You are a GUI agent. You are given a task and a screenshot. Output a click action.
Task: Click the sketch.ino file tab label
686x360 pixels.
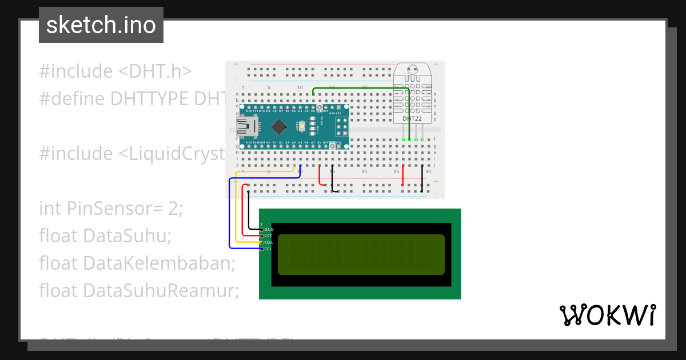pyautogui.click(x=101, y=25)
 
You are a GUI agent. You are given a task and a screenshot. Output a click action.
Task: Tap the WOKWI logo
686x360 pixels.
pyautogui.click(x=607, y=315)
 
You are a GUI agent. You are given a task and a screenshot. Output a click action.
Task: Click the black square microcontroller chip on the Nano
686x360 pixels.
pyautogui.click(x=278, y=126)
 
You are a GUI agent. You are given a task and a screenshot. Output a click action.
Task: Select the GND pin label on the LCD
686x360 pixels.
pyautogui.click(x=269, y=229)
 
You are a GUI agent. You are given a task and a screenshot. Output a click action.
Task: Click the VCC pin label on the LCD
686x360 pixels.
pyautogui.click(x=268, y=236)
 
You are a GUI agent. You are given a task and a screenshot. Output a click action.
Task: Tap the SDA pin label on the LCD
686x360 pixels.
pyautogui.click(x=268, y=243)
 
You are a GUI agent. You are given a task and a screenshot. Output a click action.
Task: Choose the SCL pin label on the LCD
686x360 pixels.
pyautogui.click(x=268, y=249)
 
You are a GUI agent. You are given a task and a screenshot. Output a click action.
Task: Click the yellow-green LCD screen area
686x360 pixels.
pyautogui.click(x=361, y=254)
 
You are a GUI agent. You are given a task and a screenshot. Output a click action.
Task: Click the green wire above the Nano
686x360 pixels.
pyautogui.click(x=360, y=88)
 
